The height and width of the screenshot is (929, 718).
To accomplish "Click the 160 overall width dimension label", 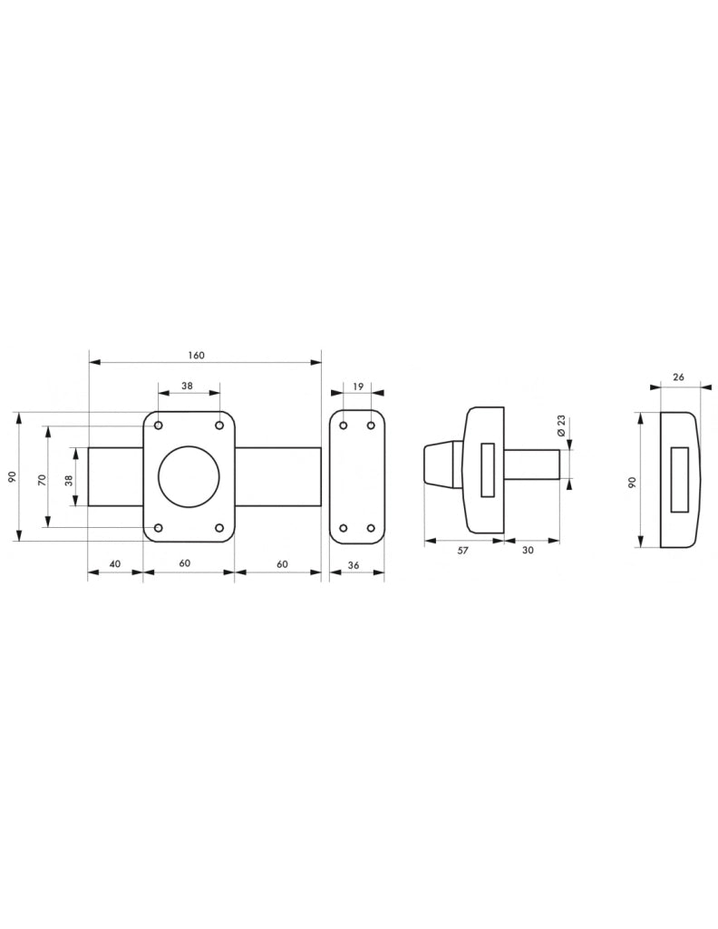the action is (x=196, y=356).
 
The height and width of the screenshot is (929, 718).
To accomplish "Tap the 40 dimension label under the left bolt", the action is (x=115, y=563).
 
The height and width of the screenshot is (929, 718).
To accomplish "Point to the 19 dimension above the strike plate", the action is (x=357, y=386).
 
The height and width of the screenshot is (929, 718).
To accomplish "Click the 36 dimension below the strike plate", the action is (x=354, y=565).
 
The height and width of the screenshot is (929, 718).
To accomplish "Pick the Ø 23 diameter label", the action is (x=562, y=426).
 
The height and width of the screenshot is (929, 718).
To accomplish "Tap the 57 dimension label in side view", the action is (x=463, y=551).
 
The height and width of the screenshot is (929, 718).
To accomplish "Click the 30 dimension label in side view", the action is (x=528, y=550).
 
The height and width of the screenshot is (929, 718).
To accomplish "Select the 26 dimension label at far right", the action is (x=679, y=376).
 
